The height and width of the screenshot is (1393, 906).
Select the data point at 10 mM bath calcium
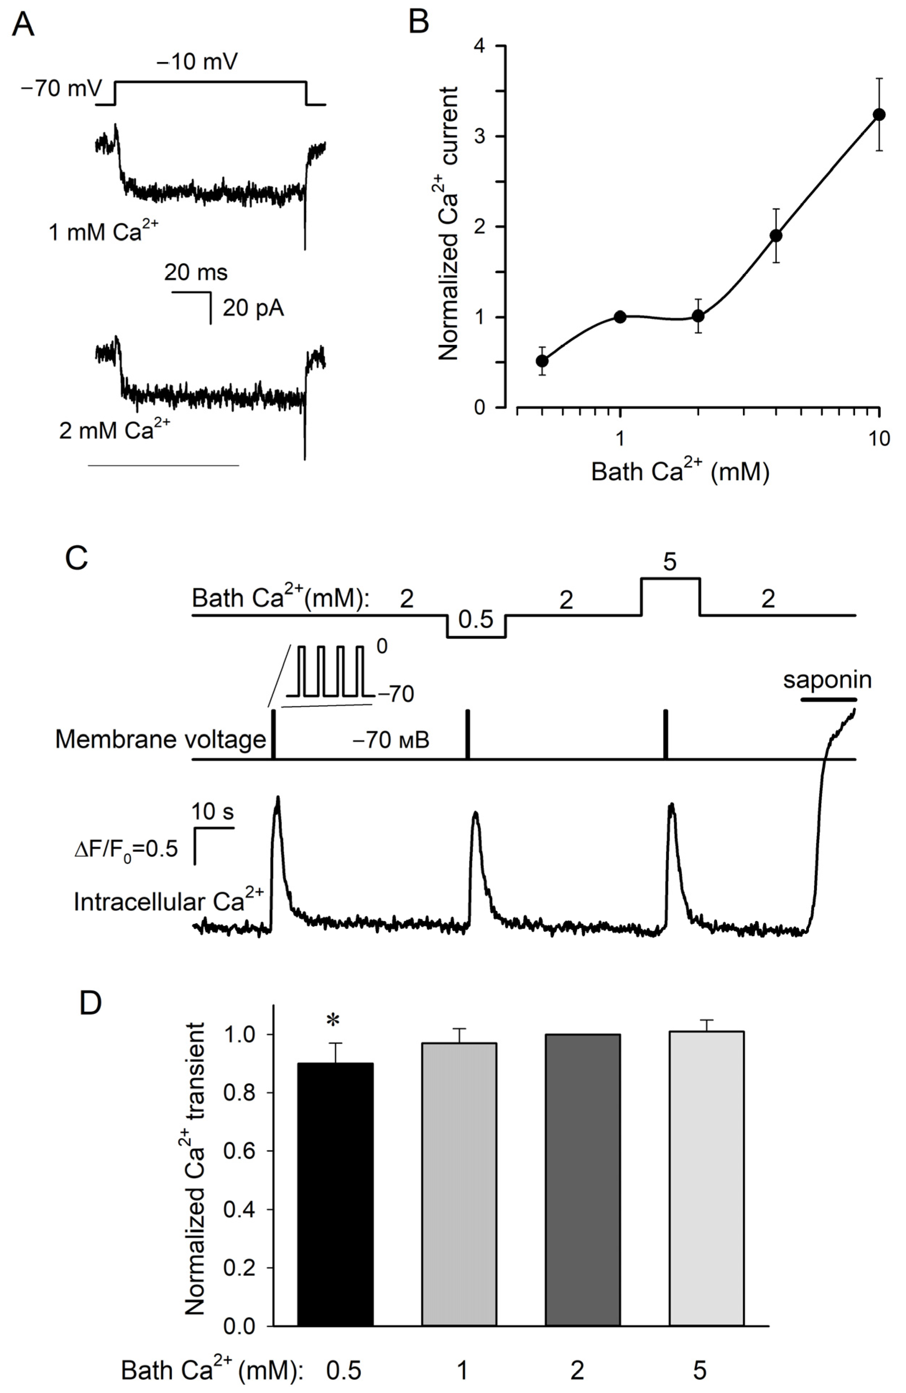coord(878,115)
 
